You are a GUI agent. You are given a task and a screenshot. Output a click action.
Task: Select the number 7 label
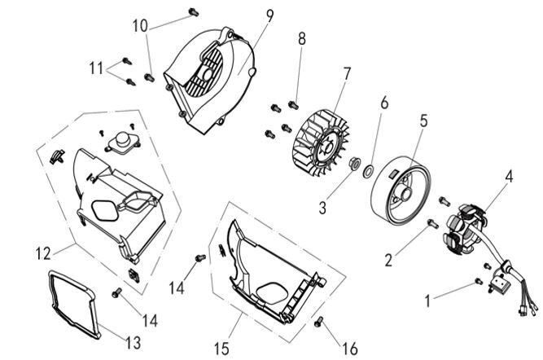coord(347,73)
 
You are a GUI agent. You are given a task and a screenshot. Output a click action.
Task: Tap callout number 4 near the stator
coord(509,174)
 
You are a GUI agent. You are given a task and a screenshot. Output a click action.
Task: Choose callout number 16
coord(349,349)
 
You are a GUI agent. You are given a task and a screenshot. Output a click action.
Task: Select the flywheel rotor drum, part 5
coord(402,187)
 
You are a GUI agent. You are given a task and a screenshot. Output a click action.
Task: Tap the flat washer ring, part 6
coord(369,172)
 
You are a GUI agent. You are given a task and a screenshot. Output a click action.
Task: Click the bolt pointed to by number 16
coord(319,323)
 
